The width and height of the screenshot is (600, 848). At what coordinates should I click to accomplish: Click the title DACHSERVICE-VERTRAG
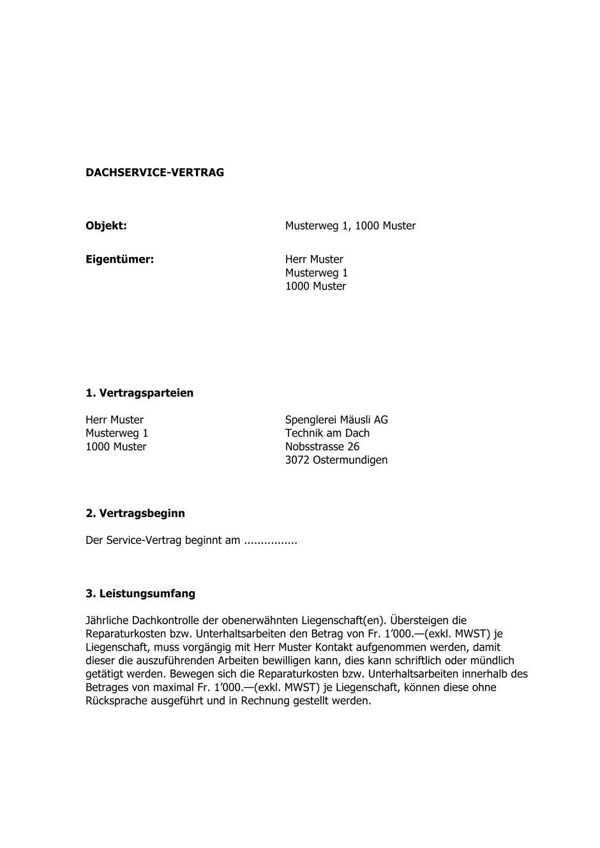(x=154, y=173)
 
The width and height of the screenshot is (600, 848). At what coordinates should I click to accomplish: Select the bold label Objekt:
(x=106, y=226)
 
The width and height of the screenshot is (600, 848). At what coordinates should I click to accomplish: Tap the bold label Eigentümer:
(x=120, y=260)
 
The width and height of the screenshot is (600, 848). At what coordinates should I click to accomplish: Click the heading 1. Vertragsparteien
(x=139, y=393)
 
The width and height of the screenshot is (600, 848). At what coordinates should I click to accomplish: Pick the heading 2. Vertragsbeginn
(x=135, y=513)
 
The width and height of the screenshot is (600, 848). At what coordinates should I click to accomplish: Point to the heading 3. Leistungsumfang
(x=140, y=594)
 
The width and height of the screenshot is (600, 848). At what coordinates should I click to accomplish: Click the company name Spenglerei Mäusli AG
(x=336, y=420)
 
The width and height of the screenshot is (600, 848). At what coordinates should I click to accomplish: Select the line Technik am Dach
(x=327, y=434)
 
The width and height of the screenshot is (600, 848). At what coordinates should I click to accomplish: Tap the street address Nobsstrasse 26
(x=322, y=447)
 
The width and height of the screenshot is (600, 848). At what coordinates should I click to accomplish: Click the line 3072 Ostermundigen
(x=336, y=460)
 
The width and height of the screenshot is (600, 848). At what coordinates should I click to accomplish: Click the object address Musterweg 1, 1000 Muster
(x=350, y=226)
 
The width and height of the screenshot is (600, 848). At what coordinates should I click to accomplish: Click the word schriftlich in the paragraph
(x=421, y=661)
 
